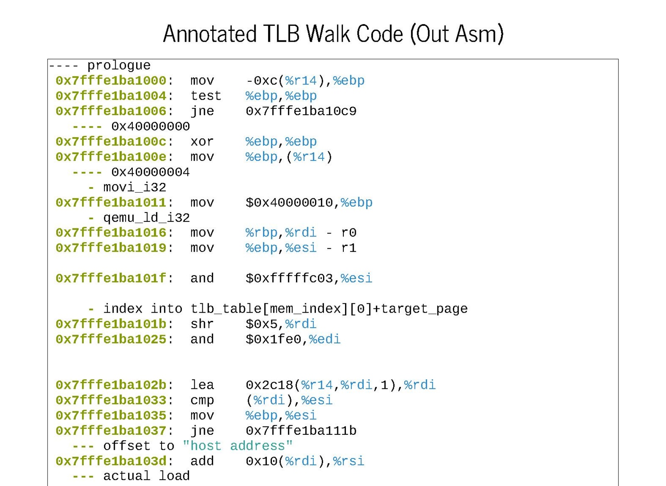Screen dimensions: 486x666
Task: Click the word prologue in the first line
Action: [119, 65]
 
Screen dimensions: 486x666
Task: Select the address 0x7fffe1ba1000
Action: [111, 80]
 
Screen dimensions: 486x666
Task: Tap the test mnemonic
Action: [206, 96]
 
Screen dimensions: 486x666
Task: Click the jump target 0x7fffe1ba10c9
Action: [301, 111]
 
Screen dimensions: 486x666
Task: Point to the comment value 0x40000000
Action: [150, 126]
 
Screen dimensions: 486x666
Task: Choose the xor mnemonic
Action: [202, 142]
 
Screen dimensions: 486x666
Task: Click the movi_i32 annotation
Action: [134, 187]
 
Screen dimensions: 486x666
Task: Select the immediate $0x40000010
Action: [289, 203]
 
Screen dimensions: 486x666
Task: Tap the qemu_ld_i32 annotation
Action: [146, 218]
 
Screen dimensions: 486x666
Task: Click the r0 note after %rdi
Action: [348, 233]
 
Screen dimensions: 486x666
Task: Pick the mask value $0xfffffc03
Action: [289, 278]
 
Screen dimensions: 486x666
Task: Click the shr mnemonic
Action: [202, 324]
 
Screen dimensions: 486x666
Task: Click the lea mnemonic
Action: [202, 385]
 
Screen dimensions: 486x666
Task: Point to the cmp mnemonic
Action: [202, 400]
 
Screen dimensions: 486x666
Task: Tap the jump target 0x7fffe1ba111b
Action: [301, 431]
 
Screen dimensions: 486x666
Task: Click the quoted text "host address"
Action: [237, 446]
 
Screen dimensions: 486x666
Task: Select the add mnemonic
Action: [202, 461]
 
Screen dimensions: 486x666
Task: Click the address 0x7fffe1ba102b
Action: [111, 385]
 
